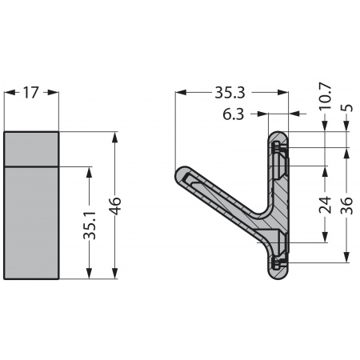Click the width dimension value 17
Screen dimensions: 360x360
tap(31, 93)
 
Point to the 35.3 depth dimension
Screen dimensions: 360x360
tap(230, 93)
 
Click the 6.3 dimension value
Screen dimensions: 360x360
tap(234, 115)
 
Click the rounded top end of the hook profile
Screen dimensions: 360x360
tap(278, 134)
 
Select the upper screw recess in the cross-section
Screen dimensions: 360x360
tap(278, 148)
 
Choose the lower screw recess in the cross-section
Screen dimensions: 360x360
tap(278, 262)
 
